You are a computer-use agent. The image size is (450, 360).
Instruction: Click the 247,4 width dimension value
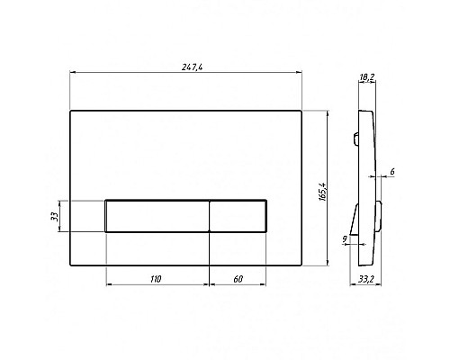pyautogui.click(x=192, y=67)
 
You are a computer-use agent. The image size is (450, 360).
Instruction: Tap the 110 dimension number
pyautogui.click(x=156, y=279)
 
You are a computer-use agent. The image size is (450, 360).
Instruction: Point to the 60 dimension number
pyautogui.click(x=238, y=279)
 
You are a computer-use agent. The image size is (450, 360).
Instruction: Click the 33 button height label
pyautogui.click(x=54, y=216)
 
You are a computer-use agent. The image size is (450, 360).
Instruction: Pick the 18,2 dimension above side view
pyautogui.click(x=366, y=77)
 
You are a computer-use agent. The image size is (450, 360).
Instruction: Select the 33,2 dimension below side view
pyautogui.click(x=366, y=279)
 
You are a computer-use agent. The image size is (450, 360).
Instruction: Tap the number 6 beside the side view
pyautogui.click(x=392, y=172)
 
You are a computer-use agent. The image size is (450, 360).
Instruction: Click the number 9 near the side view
pyautogui.click(x=345, y=238)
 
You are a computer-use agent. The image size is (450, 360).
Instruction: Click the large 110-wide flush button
pyautogui.click(x=157, y=216)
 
